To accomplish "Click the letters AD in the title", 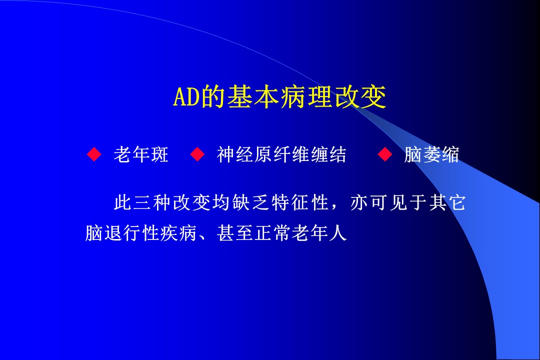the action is [x=186, y=96].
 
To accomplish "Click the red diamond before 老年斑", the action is [x=94, y=154].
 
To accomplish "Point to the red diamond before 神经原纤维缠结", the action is [x=197, y=154].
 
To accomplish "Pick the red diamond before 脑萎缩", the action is [x=384, y=154].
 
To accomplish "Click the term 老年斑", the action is [x=141, y=154].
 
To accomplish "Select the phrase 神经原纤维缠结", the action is [x=281, y=154].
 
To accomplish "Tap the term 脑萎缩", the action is [x=431, y=154].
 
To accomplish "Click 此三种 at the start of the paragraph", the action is [x=143, y=202].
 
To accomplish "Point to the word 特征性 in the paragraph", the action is [x=299, y=202].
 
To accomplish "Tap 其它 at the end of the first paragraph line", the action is [x=447, y=202].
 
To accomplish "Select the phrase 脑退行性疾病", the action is [x=141, y=233].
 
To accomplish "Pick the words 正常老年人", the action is [x=300, y=233].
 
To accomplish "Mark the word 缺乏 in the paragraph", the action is [x=250, y=202].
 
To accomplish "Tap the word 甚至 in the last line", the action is [x=235, y=233].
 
